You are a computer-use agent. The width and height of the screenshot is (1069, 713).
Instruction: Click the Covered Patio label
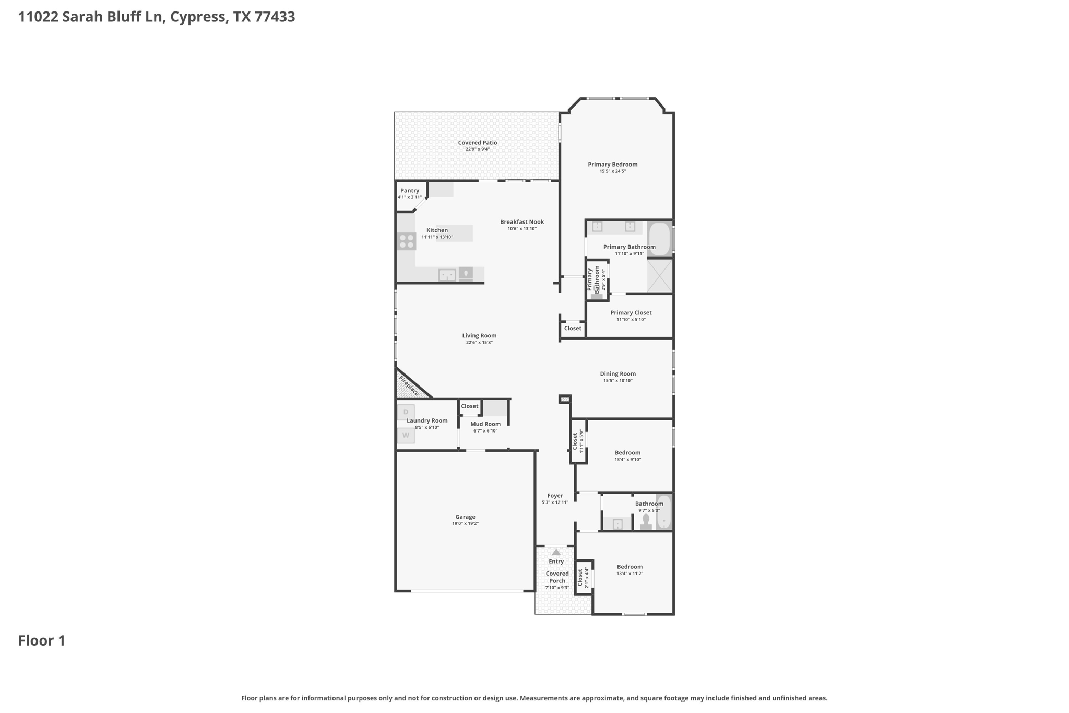click(477, 143)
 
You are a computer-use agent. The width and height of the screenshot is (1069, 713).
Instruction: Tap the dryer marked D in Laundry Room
click(406, 412)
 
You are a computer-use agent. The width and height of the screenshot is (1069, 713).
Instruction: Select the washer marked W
click(406, 435)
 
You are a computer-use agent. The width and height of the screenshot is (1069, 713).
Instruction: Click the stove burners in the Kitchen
click(406, 241)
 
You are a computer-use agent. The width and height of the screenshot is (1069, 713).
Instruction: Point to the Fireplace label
click(409, 385)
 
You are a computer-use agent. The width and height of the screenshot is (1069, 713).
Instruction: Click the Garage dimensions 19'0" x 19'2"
click(465, 523)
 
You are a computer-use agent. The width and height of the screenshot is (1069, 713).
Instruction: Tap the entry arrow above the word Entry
click(556, 552)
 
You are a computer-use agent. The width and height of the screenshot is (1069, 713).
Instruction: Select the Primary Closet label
click(631, 313)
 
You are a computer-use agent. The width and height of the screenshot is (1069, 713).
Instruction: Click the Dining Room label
click(617, 374)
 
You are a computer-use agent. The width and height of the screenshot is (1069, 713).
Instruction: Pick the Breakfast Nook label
click(522, 222)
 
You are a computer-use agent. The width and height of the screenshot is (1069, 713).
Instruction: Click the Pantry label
click(410, 191)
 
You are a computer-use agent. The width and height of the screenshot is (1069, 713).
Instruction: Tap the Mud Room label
click(485, 424)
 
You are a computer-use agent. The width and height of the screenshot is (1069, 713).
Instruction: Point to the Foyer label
click(555, 496)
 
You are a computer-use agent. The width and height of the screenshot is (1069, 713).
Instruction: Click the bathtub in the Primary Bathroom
click(660, 239)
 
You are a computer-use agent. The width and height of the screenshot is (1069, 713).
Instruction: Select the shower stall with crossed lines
click(660, 275)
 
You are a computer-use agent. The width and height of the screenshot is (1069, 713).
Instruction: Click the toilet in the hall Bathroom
click(646, 522)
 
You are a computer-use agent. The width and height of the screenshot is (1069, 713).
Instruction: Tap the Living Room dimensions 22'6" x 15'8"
click(479, 343)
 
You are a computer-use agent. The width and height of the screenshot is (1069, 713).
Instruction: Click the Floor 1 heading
click(42, 641)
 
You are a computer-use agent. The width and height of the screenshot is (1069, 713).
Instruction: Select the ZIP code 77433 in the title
click(275, 17)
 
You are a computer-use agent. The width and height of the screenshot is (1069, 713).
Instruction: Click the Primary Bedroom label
click(612, 165)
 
